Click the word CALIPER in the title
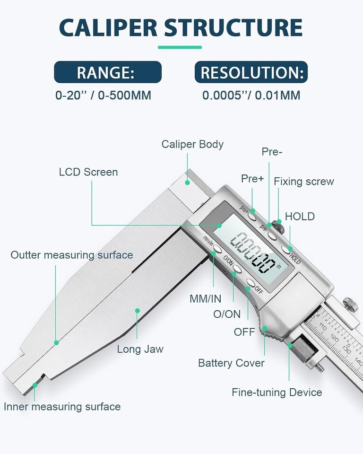pos(108,28)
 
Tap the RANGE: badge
pos(108,72)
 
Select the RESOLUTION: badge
pos(251,72)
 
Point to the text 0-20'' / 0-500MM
pos(104,95)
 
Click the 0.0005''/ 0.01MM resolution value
pos(251,95)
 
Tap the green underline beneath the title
pos(180,47)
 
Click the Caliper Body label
pos(192,144)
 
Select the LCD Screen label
pos(88,172)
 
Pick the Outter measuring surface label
pos(72,255)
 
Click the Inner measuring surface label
pos(62,407)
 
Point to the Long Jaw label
pos(140,349)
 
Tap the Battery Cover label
pos(231,363)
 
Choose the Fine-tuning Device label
pos(277,393)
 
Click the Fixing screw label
pos(304,182)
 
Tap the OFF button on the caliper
pos(251,283)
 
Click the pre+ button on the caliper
pos(252,216)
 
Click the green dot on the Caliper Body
pos(187,183)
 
